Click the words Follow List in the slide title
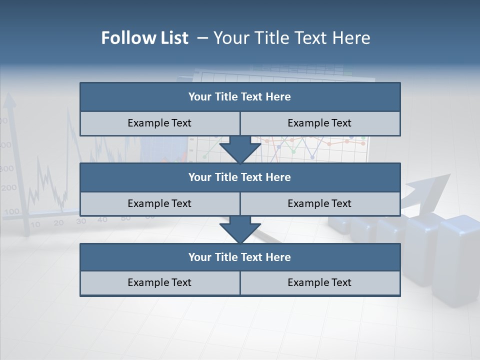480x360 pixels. point(144,38)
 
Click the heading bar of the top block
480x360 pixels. point(240,97)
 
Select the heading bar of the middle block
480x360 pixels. point(240,177)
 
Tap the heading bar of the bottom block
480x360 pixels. point(240,257)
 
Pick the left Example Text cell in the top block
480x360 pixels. point(159,123)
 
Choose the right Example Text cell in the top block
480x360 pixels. point(320,123)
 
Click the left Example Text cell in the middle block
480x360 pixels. point(159,203)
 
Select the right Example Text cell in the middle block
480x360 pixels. point(320,203)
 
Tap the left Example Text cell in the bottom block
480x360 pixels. point(159,282)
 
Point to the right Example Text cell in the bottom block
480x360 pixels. point(320,282)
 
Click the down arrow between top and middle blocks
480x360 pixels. point(240,149)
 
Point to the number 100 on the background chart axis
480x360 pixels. point(11,211)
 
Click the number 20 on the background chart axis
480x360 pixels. point(58,222)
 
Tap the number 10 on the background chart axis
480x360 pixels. point(35,224)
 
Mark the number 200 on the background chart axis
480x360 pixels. point(9,188)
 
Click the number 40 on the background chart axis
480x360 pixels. point(102,219)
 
